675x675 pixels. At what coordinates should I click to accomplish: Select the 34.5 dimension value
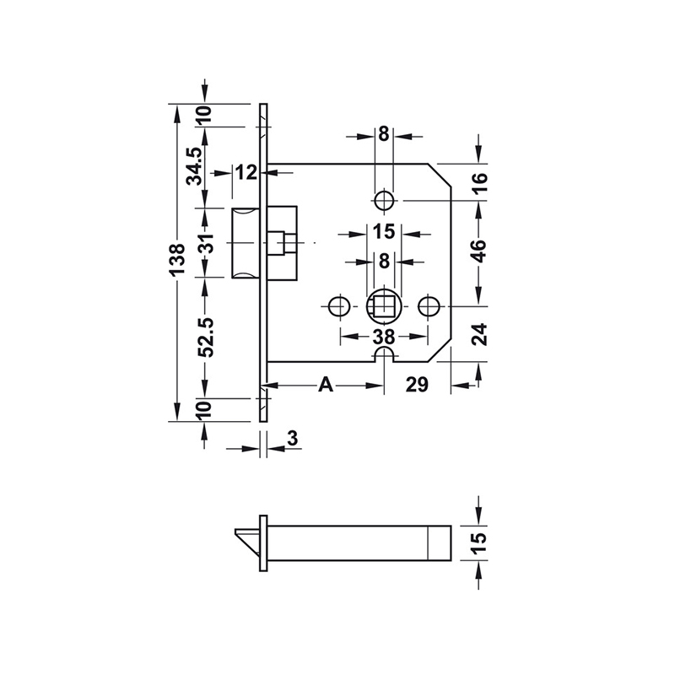tap(193, 166)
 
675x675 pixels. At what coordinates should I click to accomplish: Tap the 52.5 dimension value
tap(204, 337)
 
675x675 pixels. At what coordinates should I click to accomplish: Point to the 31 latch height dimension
tap(205, 242)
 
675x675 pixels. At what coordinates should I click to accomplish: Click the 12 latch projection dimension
tap(246, 173)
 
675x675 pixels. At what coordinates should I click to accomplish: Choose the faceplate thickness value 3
tap(293, 438)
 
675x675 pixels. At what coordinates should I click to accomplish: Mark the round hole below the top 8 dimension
tap(384, 200)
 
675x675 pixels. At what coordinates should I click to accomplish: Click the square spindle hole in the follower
tap(384, 304)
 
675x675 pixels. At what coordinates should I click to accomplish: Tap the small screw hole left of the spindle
tap(339, 305)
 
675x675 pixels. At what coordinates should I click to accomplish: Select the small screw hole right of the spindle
tap(429, 305)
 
